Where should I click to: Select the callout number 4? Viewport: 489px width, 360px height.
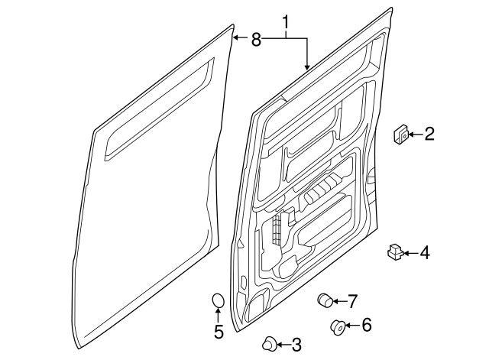tap(425, 252)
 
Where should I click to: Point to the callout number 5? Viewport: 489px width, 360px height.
tap(218, 332)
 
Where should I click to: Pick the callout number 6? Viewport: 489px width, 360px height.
tap(366, 326)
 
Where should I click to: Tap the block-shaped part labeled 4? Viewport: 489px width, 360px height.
tap(395, 252)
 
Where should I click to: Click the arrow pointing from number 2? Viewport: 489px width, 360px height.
tap(413, 135)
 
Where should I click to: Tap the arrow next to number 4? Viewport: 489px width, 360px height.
tap(411, 252)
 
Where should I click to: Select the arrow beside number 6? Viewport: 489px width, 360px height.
tap(351, 326)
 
